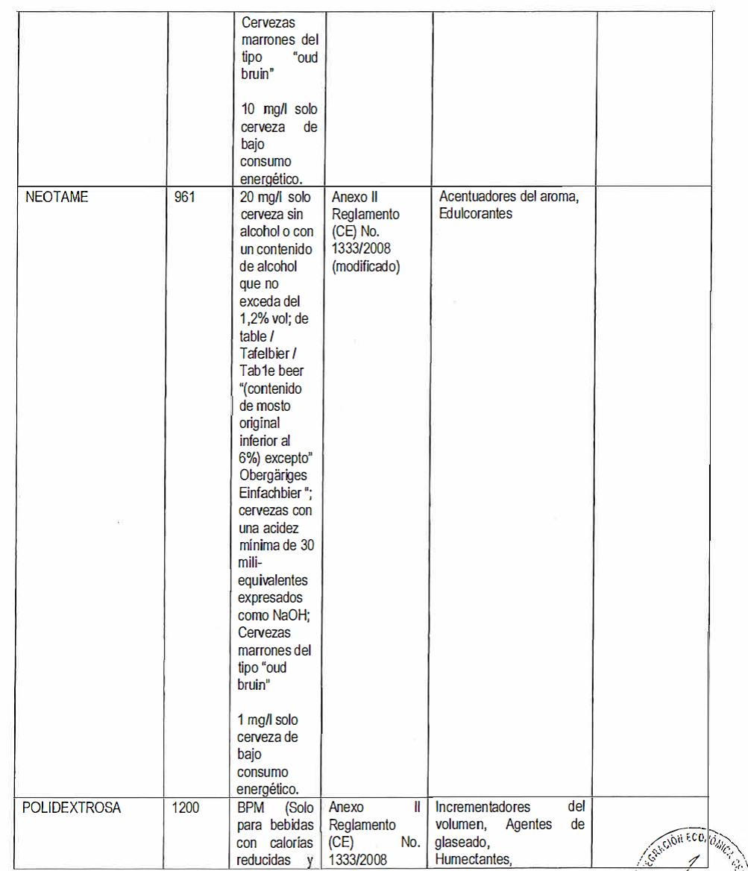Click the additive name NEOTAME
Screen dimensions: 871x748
(56, 198)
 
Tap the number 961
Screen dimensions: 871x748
(185, 198)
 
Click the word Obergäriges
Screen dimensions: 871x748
(273, 476)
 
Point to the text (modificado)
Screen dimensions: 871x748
(365, 267)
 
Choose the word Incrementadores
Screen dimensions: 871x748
(483, 808)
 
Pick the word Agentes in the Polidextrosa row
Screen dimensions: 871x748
(530, 825)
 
